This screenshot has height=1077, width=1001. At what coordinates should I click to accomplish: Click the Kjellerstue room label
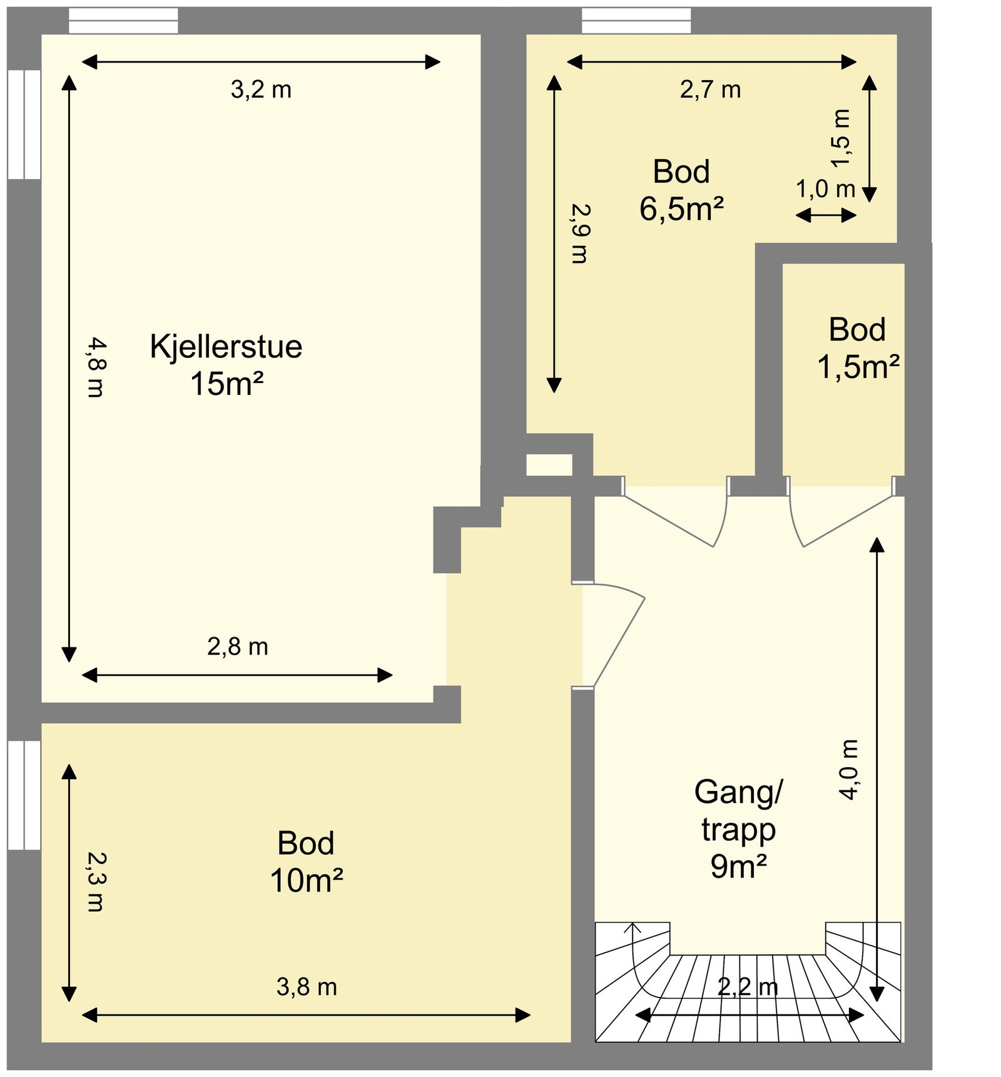(x=226, y=347)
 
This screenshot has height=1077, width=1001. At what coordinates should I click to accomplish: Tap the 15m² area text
(x=226, y=384)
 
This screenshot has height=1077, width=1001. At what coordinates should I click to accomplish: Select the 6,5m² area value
(x=681, y=208)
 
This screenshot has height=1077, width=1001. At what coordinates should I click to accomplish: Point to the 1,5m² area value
(x=858, y=367)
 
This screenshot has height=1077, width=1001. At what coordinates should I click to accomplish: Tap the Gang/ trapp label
(x=738, y=811)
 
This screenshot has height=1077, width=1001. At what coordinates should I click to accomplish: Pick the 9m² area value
(x=738, y=867)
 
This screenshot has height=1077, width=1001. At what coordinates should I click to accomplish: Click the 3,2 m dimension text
(x=261, y=90)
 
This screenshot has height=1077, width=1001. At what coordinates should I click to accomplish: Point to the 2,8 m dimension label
(x=238, y=646)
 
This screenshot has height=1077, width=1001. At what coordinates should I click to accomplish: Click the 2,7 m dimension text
(x=710, y=90)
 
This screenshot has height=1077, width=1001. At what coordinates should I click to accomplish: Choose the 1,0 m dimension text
(x=825, y=188)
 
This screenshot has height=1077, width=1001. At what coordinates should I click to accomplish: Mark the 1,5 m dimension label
(x=841, y=138)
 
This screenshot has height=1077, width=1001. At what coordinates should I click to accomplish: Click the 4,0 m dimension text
(x=850, y=769)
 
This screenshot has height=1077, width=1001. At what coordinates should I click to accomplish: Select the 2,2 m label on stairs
(x=748, y=987)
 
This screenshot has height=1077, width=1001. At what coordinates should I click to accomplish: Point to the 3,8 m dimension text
(x=307, y=987)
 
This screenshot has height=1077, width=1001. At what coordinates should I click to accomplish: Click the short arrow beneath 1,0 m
(x=826, y=215)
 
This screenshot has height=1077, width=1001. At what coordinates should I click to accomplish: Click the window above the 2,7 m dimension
(x=636, y=21)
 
